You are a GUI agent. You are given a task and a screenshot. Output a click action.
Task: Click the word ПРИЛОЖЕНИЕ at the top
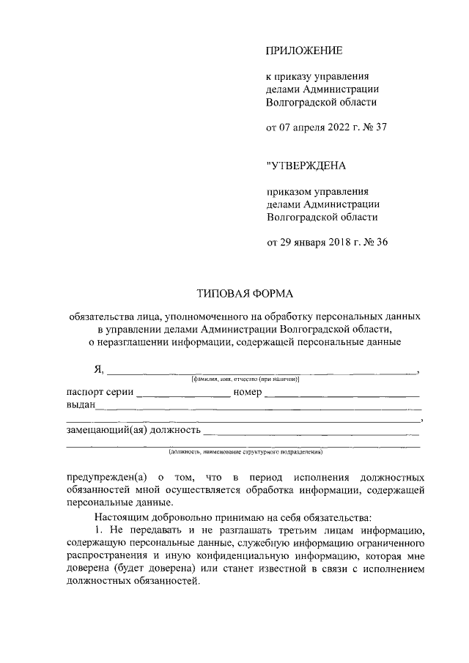[303, 51]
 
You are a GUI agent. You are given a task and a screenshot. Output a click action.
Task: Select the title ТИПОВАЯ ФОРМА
[244, 295]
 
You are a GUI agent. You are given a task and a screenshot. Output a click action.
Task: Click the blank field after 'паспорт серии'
[183, 395]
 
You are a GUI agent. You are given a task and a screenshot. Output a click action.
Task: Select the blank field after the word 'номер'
[342, 395]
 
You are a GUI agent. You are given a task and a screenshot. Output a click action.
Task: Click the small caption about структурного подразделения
[244, 452]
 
